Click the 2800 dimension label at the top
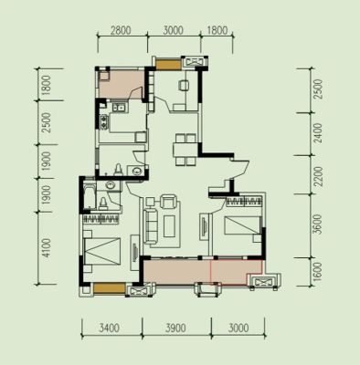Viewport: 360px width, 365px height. (x=121, y=31)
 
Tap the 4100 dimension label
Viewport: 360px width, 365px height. (x=46, y=247)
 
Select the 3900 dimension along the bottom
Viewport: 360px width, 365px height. (x=176, y=328)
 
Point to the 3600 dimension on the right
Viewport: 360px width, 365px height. (x=317, y=224)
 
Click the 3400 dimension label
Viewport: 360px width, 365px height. (x=110, y=328)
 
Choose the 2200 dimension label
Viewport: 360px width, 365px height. (x=318, y=176)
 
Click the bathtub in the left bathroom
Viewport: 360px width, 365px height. (x=89, y=196)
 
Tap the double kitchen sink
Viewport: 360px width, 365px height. (x=119, y=108)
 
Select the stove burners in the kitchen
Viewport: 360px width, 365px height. (x=104, y=121)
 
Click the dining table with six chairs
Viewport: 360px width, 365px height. (x=185, y=150)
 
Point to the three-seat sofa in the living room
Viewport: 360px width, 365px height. (x=152, y=225)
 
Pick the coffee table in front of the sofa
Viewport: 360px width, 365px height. (x=170, y=226)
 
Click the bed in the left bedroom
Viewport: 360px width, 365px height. (x=102, y=251)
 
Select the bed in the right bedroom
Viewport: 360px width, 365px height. (x=242, y=225)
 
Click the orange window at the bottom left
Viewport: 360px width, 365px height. (x=110, y=288)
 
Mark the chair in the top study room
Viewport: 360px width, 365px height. (x=184, y=85)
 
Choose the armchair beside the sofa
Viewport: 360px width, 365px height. (x=168, y=201)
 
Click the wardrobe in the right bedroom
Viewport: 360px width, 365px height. (x=244, y=201)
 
